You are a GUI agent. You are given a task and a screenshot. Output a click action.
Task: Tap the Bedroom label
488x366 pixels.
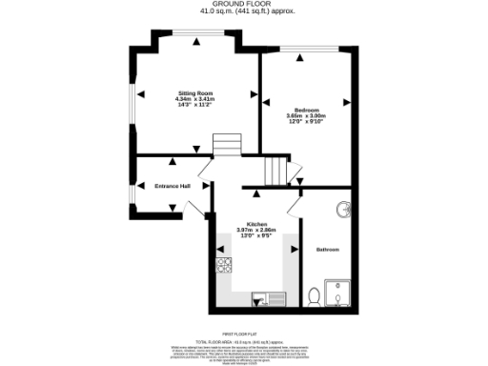click(306, 111)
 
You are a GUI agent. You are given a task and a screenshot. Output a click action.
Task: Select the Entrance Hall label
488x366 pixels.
click(173, 186)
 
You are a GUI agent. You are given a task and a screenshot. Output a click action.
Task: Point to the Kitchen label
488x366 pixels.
click(255, 223)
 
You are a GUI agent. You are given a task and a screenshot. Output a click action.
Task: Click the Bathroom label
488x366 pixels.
click(328, 250)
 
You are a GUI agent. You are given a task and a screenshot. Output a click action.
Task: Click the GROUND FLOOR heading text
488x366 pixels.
click(243, 5)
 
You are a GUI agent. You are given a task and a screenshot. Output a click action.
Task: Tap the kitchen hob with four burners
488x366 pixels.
click(225, 266)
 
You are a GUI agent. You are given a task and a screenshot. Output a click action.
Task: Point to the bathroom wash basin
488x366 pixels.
click(342, 209)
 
